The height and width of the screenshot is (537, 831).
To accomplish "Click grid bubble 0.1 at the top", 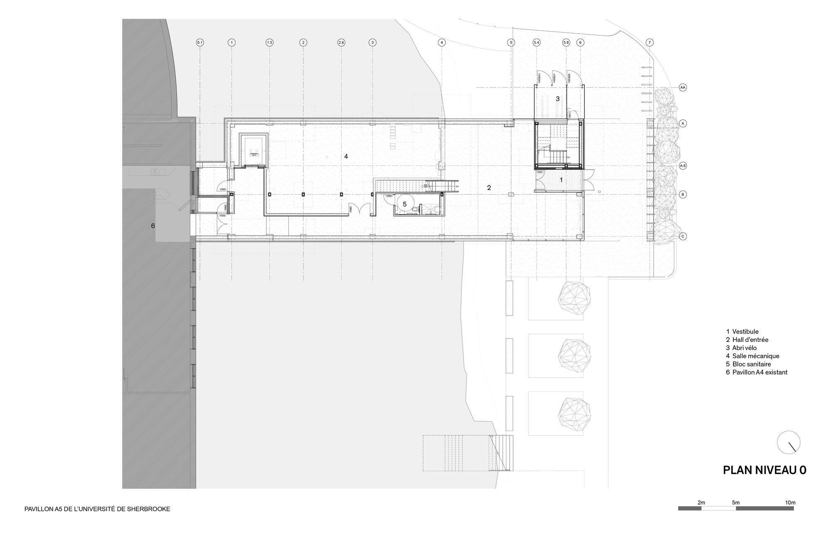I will coord(200,43).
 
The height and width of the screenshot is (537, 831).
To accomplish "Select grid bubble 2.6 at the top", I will coord(341,43).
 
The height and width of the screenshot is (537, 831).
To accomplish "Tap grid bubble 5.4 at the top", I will coord(536,43).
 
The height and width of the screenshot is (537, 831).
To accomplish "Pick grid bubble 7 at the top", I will coord(650,43).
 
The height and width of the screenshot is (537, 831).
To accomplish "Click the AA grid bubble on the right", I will coord(683,88).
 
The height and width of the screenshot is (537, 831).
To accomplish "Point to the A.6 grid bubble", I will coord(683,166).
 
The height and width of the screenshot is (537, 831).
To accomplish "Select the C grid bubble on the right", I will coord(683,236).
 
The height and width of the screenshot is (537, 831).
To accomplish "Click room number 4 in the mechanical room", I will coord(346,156).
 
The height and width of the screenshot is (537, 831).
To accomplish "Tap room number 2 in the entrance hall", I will coord(489,188).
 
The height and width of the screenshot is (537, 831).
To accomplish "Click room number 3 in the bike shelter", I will coord(558,99).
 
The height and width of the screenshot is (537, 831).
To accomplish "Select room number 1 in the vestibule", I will coord(562,180).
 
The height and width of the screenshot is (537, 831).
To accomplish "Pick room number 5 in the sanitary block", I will coord(405,204).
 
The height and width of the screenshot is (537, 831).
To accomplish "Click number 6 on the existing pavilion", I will coord(153,226).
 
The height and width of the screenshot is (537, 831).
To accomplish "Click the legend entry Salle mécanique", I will coord(755,356).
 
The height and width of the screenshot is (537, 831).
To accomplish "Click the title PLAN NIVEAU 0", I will coord(765,470).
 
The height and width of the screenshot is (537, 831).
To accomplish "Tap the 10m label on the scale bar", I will coord(790,503).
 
